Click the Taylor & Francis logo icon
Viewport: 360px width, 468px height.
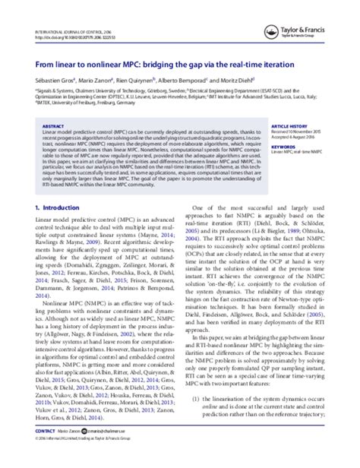point(298,14)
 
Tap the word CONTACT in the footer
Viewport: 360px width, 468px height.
point(34,450)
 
